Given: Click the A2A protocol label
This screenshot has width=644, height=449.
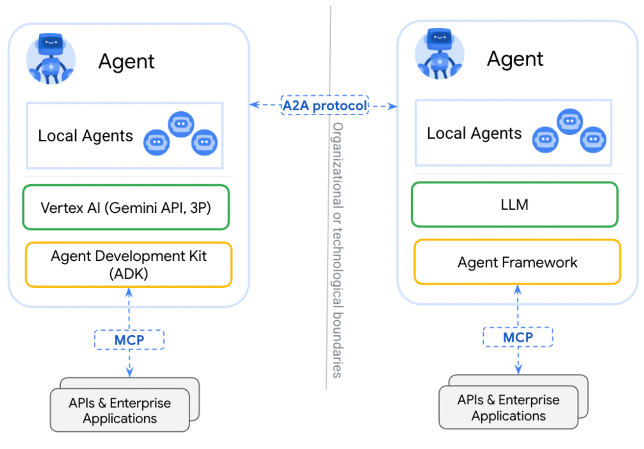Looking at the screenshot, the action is (324, 105).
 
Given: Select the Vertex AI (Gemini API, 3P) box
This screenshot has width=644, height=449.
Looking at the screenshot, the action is (126, 207).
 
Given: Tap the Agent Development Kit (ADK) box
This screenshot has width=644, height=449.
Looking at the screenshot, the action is (128, 265).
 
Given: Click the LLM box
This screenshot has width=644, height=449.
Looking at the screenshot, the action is (515, 204).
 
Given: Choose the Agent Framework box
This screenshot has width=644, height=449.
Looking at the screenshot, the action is (518, 262).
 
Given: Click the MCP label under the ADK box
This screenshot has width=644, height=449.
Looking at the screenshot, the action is (129, 340).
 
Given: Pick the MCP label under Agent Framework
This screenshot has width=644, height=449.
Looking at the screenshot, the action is (518, 337).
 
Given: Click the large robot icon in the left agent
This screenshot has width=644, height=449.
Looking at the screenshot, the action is (51, 59).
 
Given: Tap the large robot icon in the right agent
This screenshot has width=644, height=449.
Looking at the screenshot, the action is (440, 54).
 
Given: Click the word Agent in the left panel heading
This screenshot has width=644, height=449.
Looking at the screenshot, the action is (126, 61).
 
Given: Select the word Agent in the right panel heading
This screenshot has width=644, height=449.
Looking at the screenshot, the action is (515, 59).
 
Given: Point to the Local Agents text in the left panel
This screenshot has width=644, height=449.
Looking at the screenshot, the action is (85, 135).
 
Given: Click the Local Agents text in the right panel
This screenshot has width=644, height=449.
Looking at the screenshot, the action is (474, 133).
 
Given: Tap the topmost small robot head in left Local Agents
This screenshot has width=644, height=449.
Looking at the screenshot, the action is (181, 124).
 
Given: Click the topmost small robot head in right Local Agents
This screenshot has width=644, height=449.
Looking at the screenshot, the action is (570, 122).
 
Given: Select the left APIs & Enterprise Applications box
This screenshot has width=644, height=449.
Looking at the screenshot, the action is (125, 405).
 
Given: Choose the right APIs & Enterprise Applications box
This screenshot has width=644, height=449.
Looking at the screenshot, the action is (514, 402).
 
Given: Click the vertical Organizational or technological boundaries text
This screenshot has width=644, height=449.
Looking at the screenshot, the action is (338, 250).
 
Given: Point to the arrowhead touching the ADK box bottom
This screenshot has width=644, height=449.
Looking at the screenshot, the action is (129, 292).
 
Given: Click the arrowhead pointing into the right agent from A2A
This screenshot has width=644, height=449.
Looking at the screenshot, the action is (393, 106).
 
